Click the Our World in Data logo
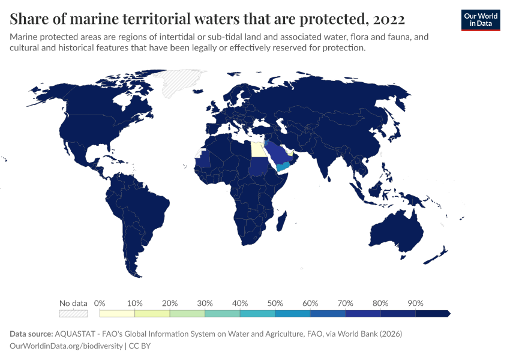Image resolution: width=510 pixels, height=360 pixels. (481, 20)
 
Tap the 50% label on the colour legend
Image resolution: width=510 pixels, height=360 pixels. (275, 303)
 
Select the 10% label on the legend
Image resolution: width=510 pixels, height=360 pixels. (134, 303)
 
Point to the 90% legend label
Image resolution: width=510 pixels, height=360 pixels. (415, 303)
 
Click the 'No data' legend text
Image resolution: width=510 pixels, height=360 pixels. (73, 303)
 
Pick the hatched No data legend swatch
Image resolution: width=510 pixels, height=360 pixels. (73, 313)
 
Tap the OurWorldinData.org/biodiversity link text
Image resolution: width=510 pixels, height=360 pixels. (66, 346)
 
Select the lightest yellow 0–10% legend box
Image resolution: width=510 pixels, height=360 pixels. (117, 313)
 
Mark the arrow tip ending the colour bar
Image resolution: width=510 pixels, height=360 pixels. (449, 313)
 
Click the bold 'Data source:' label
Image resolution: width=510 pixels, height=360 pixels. (31, 333)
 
